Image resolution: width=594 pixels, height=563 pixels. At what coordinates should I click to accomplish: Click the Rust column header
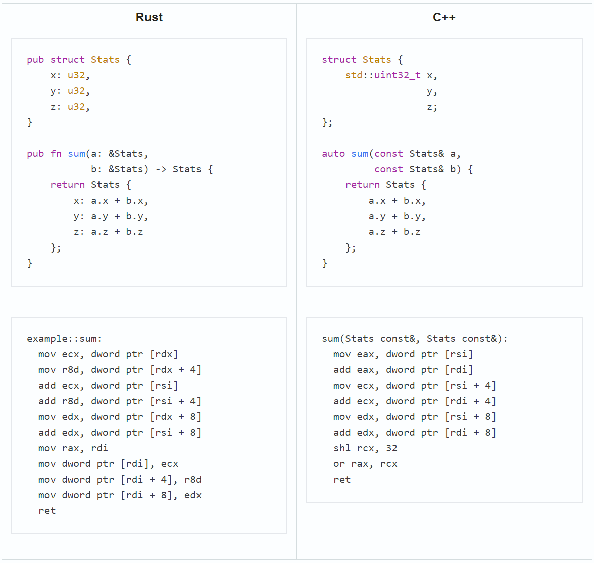tap(149, 17)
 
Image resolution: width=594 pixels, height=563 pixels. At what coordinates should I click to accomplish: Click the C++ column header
tap(444, 17)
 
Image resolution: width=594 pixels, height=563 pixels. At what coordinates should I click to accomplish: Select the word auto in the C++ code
tap(333, 154)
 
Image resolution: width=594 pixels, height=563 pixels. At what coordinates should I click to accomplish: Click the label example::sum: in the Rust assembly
tap(64, 339)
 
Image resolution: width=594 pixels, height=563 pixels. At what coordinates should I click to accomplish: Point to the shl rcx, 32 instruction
tap(365, 448)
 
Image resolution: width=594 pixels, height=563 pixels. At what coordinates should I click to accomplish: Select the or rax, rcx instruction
tap(365, 464)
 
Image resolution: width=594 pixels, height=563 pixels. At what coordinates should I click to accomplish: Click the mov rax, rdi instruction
tap(73, 448)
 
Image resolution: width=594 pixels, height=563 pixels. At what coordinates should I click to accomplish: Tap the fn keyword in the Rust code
tap(56, 154)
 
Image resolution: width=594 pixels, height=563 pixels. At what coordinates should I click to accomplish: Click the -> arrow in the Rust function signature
tap(161, 169)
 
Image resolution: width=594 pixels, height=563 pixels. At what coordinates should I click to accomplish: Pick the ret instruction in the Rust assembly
tap(47, 511)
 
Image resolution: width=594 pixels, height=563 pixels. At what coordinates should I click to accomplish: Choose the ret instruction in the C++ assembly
tap(341, 480)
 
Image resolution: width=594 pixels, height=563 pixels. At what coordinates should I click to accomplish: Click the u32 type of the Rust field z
tap(76, 107)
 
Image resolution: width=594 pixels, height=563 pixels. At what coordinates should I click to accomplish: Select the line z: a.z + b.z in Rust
tap(108, 232)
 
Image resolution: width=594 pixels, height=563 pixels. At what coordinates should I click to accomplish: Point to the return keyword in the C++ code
tap(362, 184)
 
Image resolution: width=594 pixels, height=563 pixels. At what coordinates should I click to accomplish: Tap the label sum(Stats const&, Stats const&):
tap(415, 339)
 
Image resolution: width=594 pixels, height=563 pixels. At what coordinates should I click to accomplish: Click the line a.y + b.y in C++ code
tap(397, 216)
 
